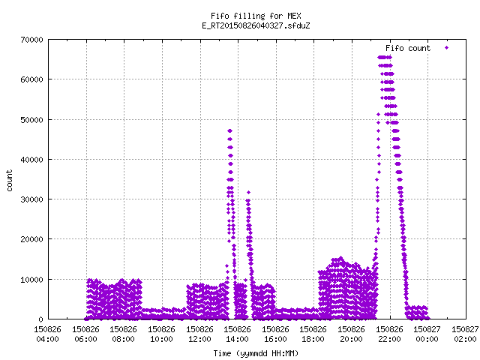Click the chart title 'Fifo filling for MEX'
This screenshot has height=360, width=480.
pyautogui.click(x=256, y=16)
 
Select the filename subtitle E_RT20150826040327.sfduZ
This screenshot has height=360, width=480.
pyautogui.click(x=256, y=25)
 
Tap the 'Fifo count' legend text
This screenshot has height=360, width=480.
pyautogui.click(x=408, y=48)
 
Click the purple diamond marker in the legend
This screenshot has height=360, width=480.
pyautogui.click(x=447, y=48)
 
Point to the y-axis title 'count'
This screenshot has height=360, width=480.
pyautogui.click(x=9, y=180)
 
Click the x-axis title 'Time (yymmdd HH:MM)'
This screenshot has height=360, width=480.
pyautogui.click(x=256, y=353)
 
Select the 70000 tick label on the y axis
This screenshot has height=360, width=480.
pyautogui.click(x=31, y=40)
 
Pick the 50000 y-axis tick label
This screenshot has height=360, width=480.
pyautogui.click(x=31, y=120)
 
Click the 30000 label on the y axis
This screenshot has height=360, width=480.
pyautogui.click(x=31, y=199)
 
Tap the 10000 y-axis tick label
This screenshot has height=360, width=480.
pyautogui.click(x=31, y=280)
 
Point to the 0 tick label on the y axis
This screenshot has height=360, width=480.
pyautogui.click(x=41, y=319)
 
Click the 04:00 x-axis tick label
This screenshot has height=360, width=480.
pyautogui.click(x=47, y=339)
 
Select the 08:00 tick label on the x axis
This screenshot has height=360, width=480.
pyautogui.click(x=123, y=339)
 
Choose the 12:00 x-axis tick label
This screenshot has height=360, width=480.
pyautogui.click(x=199, y=339)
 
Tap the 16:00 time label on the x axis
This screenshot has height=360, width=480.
pyautogui.click(x=275, y=339)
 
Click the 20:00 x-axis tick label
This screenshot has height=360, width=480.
pyautogui.click(x=352, y=339)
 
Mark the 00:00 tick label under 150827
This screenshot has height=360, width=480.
pyautogui.click(x=427, y=339)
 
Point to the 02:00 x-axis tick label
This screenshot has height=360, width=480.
pyautogui.click(x=465, y=339)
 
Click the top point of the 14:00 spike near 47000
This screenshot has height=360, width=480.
pyautogui.click(x=230, y=131)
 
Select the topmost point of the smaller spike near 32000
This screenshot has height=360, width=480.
pyautogui.click(x=248, y=193)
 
